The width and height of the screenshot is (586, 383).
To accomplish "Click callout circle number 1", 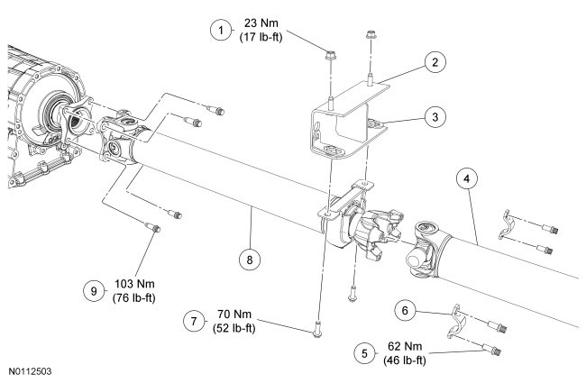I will tap(218, 31).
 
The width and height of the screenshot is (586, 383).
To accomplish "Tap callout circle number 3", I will tap(435, 117).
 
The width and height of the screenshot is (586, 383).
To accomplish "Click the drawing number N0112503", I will tap(33, 369).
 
